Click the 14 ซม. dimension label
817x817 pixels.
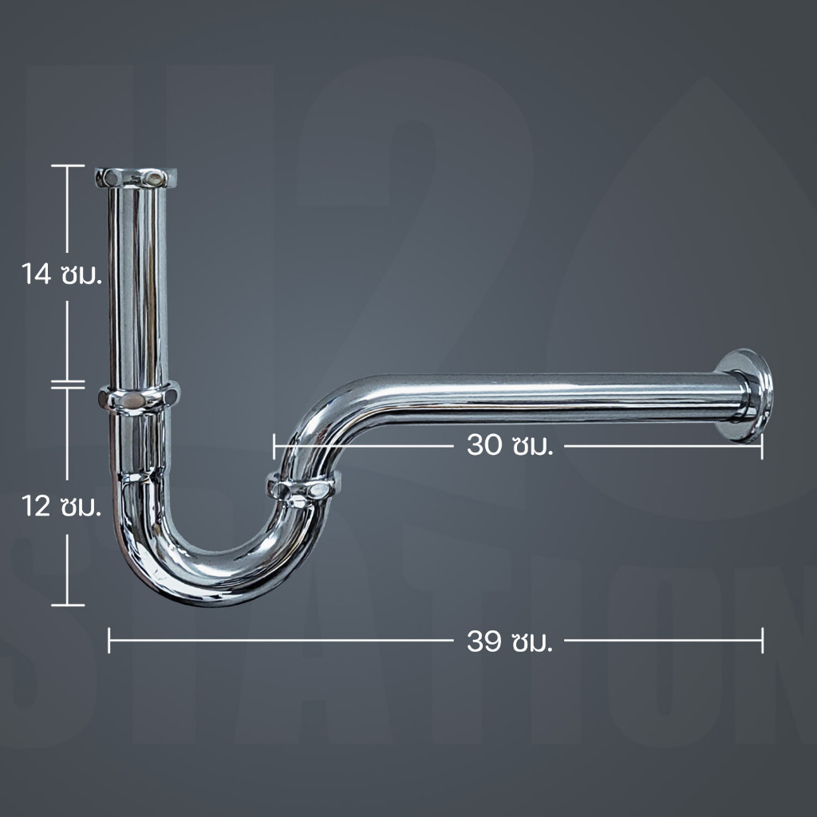tap(61, 274)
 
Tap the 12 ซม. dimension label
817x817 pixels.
tap(61, 506)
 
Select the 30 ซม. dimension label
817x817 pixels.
tap(510, 445)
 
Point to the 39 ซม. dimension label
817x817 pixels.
tap(510, 641)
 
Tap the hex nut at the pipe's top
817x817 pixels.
tap(136, 178)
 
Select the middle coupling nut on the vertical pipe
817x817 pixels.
tap(139, 398)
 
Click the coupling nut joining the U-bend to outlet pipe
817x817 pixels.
tap(304, 489)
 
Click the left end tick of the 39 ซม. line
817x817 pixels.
tap(109, 641)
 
